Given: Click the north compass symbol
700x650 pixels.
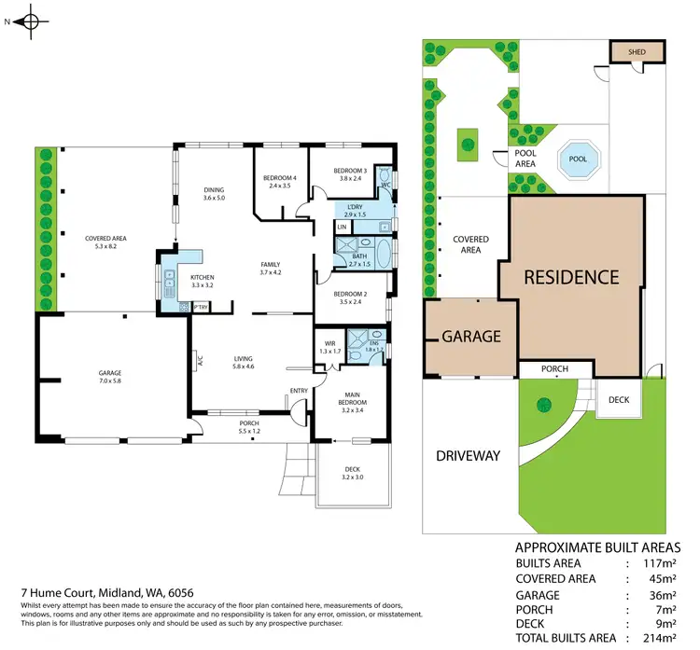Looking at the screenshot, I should (x=31, y=22).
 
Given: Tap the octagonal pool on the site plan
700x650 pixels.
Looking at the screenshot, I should (x=578, y=159).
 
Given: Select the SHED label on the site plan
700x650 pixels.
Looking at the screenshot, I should (x=637, y=52).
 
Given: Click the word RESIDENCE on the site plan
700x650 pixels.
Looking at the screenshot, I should (x=570, y=277).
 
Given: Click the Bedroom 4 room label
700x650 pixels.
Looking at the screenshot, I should (x=280, y=182).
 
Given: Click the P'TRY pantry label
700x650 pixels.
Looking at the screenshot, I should (x=201, y=306).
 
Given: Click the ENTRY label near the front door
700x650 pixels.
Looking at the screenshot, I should (x=299, y=391).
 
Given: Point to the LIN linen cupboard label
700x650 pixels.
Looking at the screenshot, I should (x=342, y=227).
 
